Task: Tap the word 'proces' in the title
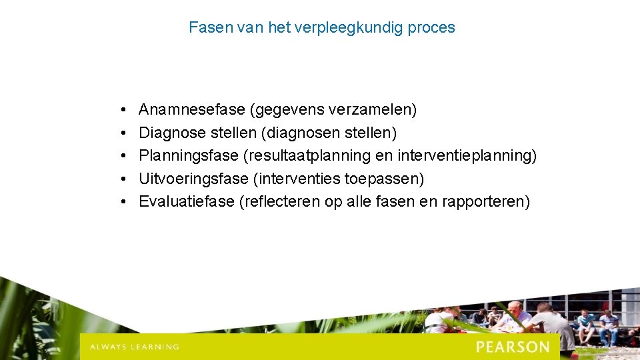point(432,28)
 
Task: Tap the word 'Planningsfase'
point(189,156)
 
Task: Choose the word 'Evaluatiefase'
point(186,202)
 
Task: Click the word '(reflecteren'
point(279,202)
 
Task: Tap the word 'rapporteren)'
point(486,202)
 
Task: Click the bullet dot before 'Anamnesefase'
point(125,109)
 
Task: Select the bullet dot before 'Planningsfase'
point(125,156)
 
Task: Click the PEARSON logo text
point(513,347)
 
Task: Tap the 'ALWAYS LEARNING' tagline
point(135,347)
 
